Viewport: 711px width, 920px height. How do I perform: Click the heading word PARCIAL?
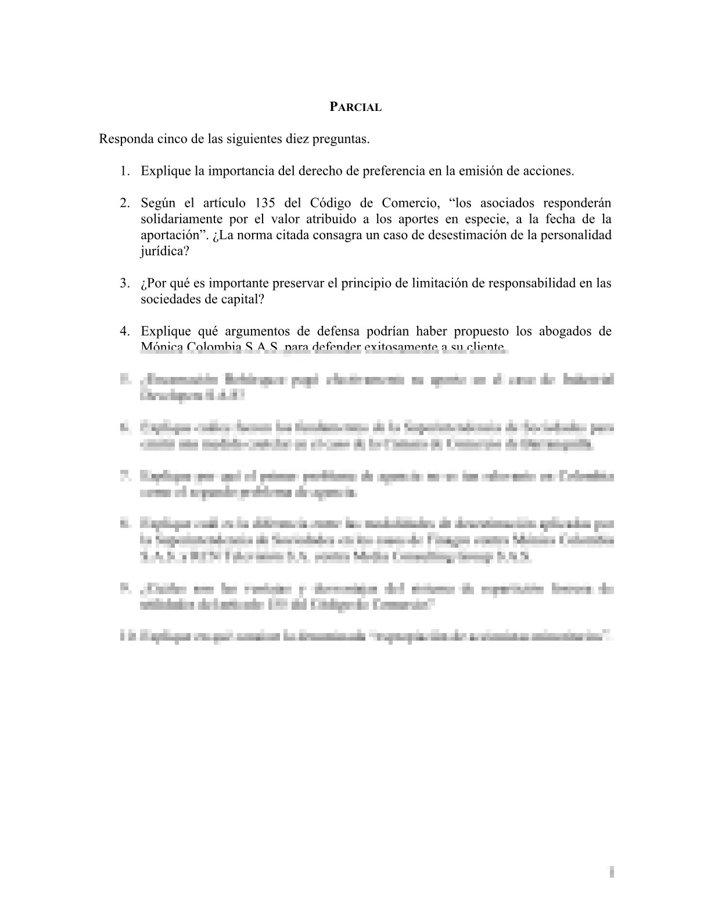pyautogui.click(x=355, y=107)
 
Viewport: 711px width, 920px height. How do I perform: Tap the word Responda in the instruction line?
pyautogui.click(x=123, y=139)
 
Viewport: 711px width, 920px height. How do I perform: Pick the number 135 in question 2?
pyautogui.click(x=265, y=203)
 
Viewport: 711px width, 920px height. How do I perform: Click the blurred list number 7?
pyautogui.click(x=124, y=476)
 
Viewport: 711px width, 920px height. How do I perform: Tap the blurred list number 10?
pyautogui.click(x=125, y=637)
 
